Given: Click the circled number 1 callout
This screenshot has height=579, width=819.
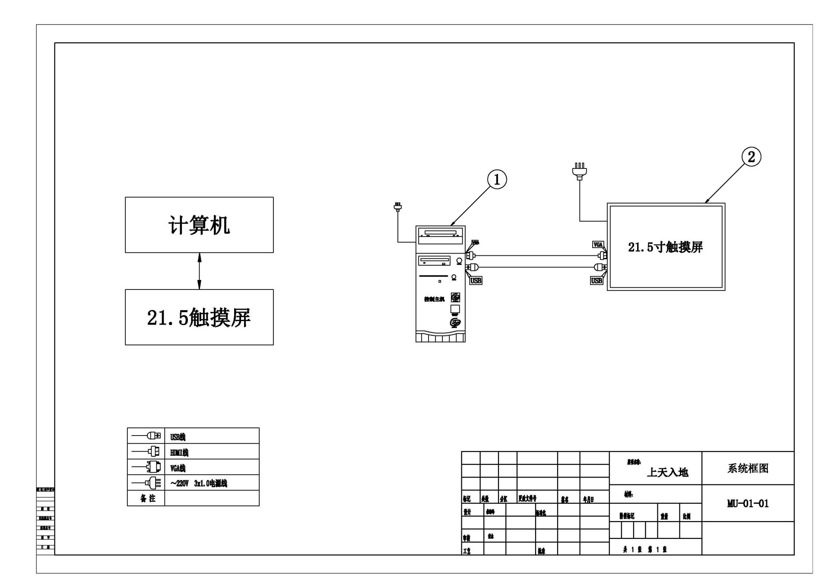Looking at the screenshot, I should pos(497,179).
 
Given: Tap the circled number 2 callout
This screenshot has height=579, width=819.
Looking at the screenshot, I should pos(751,156).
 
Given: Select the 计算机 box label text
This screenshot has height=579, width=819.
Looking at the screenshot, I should pos(199,226).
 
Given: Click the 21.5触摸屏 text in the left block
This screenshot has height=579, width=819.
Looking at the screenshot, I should pos(199,318).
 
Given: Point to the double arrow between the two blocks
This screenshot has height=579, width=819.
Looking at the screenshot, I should pos(199,271).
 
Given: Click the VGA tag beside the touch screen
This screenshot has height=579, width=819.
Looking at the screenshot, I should pos(598,245).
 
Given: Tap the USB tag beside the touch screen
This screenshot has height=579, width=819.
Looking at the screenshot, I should pos(597,281).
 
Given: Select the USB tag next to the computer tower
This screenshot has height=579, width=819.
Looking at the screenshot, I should pos(476,281).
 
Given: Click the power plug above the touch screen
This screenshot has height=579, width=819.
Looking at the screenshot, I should pos(579,170).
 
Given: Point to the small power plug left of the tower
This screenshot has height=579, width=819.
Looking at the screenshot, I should pos(398,207).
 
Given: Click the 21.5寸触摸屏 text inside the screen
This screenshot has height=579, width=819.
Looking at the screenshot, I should pos(665,247).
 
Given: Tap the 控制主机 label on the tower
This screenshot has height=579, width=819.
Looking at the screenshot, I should pos(434,299).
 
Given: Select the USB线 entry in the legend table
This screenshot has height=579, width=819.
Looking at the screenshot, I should pos(178,437).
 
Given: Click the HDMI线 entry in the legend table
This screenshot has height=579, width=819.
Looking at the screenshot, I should pos(179,453).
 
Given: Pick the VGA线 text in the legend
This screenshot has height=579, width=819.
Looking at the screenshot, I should pos(178,468).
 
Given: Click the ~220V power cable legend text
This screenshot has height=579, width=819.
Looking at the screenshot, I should pos(199,484).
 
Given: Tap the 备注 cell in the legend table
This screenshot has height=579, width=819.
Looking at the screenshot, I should pos(147,499).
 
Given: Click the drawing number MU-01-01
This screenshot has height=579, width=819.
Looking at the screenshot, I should pos(748,504).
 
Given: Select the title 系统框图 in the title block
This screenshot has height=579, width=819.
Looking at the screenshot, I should pos(748,469).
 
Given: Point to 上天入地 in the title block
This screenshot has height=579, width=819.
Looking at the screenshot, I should pos(667,472).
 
